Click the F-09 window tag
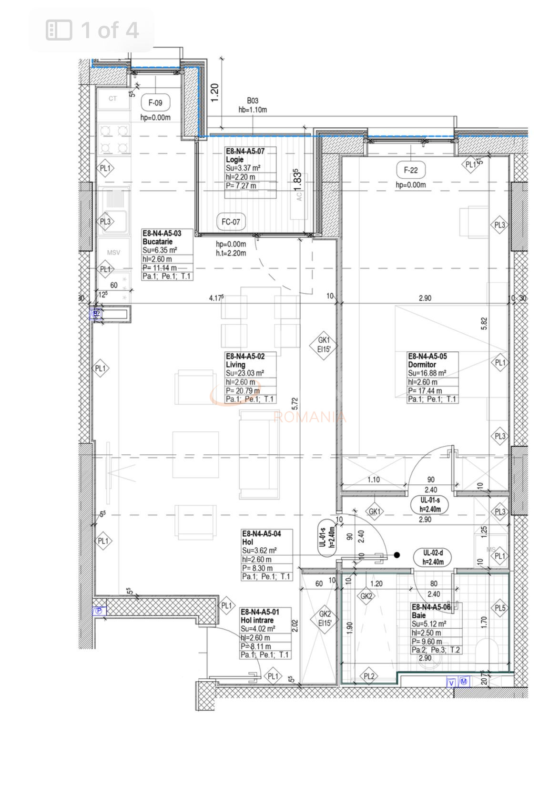(x=155, y=102)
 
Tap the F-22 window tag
(x=410, y=170)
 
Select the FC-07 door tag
(x=231, y=222)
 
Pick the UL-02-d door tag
(x=433, y=557)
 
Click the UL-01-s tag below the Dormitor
(x=430, y=504)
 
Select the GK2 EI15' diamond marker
(x=325, y=618)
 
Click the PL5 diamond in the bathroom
(x=500, y=608)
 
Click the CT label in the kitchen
(x=112, y=99)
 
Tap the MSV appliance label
(x=113, y=253)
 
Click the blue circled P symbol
(x=99, y=611)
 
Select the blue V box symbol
(x=451, y=683)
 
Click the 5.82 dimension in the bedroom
(x=484, y=324)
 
